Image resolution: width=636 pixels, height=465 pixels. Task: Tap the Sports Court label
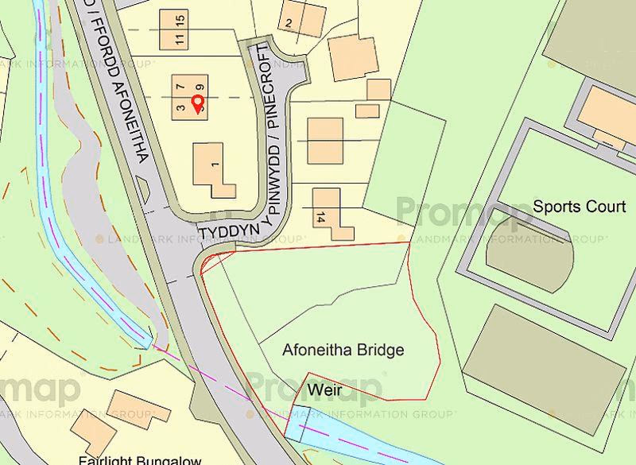click(579, 207)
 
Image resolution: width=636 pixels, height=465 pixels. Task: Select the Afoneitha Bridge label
click(343, 350)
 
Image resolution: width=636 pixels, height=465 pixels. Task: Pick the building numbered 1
click(212, 169)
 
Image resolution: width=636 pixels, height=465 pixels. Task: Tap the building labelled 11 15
click(175, 29)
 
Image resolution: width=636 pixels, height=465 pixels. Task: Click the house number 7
click(181, 84)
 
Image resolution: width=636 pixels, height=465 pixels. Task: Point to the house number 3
click(181, 108)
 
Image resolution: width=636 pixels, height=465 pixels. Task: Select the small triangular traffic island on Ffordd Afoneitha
click(145, 191)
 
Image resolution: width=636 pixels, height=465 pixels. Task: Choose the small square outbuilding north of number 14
click(366, 111)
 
